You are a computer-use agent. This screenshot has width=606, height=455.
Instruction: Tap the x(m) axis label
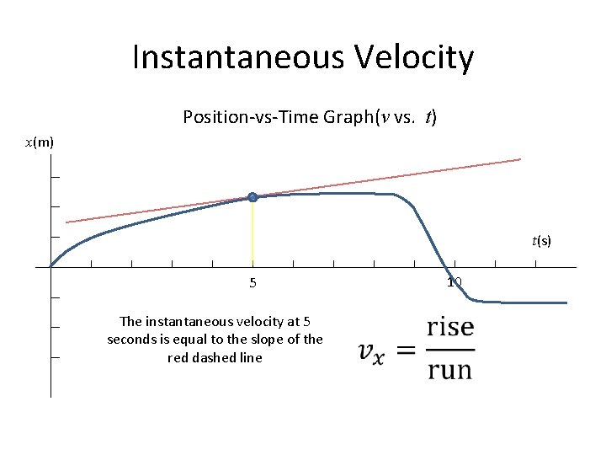tap(39, 142)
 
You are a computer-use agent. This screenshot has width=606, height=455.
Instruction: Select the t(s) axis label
tap(541, 241)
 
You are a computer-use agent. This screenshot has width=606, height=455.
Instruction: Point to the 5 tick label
tap(252, 283)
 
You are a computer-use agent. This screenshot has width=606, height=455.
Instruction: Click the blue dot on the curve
tap(252, 197)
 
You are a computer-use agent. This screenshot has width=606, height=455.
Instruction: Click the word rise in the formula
tap(449, 327)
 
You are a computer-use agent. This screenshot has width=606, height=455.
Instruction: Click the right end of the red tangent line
tap(519, 159)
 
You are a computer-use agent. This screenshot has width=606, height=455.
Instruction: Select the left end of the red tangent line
tap(67, 222)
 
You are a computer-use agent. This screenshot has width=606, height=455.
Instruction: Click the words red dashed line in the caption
tap(215, 358)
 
